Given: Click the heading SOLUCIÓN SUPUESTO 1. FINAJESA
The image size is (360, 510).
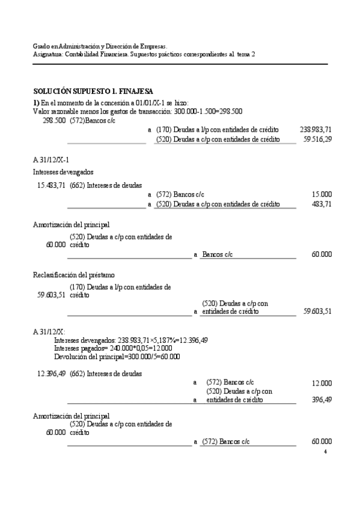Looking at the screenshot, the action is [93, 91].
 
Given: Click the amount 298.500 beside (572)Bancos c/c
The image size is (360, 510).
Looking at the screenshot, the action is [54, 120].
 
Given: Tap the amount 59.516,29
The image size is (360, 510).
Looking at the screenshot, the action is [318, 139].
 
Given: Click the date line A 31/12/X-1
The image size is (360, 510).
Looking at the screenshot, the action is [51, 159].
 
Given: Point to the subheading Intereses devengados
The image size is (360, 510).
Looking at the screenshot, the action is [63, 172].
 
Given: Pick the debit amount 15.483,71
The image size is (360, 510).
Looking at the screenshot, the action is [51, 185].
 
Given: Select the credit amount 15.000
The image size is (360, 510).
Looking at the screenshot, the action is [322, 195].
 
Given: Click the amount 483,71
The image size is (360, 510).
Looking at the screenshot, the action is [323, 204].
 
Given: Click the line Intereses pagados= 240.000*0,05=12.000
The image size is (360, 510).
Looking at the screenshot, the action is [112, 348].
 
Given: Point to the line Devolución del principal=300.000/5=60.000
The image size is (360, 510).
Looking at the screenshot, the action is [117, 356].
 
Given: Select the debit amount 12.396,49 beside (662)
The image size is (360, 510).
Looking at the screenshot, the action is [51, 373].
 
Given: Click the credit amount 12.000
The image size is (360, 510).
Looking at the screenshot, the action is [322, 383].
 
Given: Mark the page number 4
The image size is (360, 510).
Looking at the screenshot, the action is [325, 451].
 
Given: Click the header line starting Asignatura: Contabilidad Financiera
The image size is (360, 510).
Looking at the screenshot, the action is [144, 54].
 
